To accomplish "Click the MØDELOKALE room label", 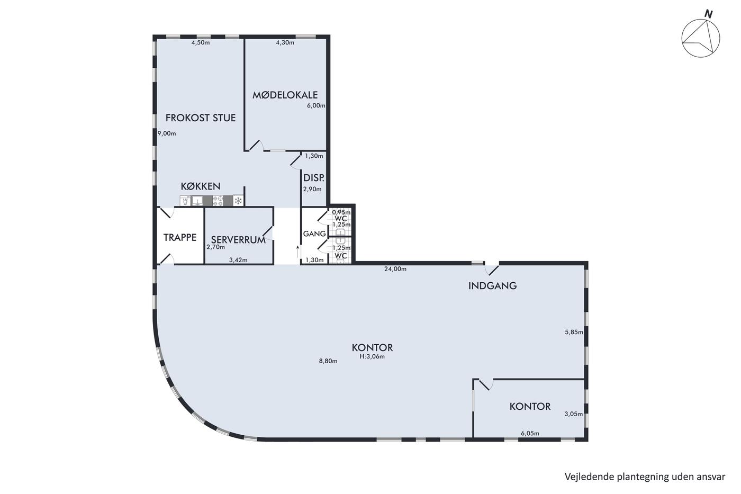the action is click(285, 95).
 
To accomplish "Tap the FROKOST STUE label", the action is click(201, 118).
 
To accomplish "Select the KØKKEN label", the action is click(201, 186).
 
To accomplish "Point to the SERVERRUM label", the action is click(238, 240).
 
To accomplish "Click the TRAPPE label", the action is click(180, 238).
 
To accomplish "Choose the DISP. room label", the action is click(313, 178).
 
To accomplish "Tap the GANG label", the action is click(314, 234).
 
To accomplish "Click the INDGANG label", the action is click(493, 286).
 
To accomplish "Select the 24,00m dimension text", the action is click(395, 269).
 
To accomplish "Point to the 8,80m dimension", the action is click(328, 361).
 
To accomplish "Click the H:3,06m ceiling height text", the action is click(372, 356).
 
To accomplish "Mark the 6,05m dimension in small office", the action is click(530, 434).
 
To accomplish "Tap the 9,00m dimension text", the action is click(167, 133).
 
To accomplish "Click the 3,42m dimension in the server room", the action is click(238, 260).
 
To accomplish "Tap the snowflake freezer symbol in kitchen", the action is click(238, 201).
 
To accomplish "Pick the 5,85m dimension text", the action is click(574, 332).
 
